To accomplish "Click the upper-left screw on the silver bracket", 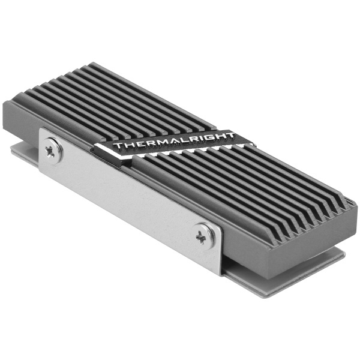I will [52, 150].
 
